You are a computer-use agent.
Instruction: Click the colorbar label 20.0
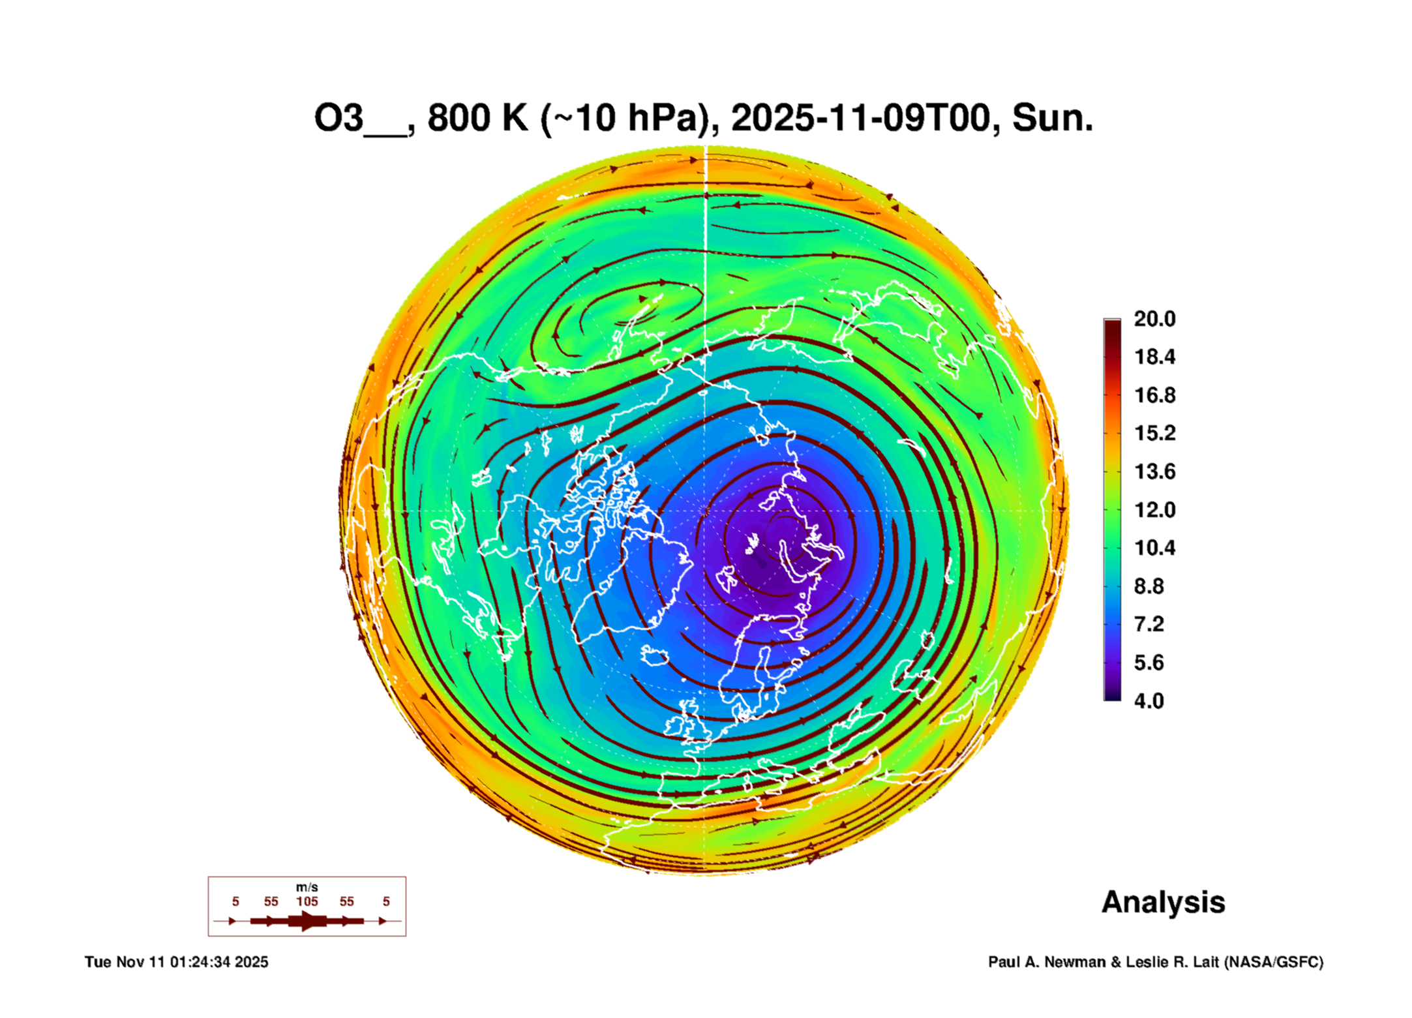[1154, 319]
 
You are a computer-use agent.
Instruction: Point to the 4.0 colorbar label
[1149, 701]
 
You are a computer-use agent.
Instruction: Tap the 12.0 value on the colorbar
[1154, 510]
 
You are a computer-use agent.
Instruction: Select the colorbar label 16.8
[1154, 395]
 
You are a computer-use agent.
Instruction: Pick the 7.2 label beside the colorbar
[1149, 625]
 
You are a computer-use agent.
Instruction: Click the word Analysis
[1163, 903]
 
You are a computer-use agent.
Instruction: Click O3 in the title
[338, 119]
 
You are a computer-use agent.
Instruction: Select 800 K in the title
[477, 119]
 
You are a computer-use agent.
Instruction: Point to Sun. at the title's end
[1052, 119]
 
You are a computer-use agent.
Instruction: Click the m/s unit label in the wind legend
[307, 888]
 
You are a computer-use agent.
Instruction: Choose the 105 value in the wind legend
[307, 902]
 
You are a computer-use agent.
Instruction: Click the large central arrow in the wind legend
[307, 921]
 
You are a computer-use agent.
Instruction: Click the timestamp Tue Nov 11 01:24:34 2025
[176, 963]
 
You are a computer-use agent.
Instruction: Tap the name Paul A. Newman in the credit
[1047, 963]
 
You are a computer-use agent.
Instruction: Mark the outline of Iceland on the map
[654, 655]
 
